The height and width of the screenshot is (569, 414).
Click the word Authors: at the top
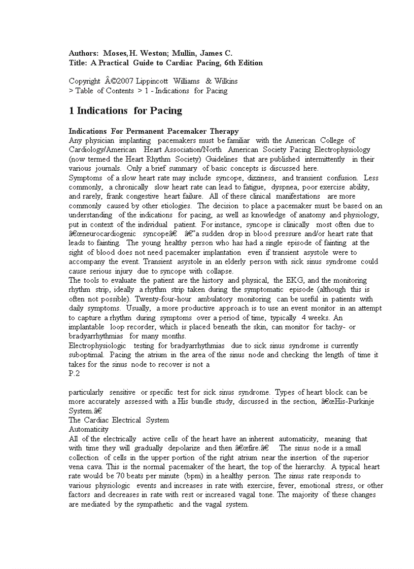pyautogui.click(x=84, y=53)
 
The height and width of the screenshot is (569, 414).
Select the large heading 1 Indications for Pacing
pyautogui.click(x=125, y=110)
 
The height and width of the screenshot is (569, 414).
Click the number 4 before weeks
pyautogui.click(x=303, y=318)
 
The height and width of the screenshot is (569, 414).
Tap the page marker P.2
pyautogui.click(x=75, y=373)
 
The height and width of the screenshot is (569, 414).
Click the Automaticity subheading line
pyautogui.click(x=89, y=429)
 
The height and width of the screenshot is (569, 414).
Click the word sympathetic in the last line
pyautogui.click(x=153, y=504)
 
